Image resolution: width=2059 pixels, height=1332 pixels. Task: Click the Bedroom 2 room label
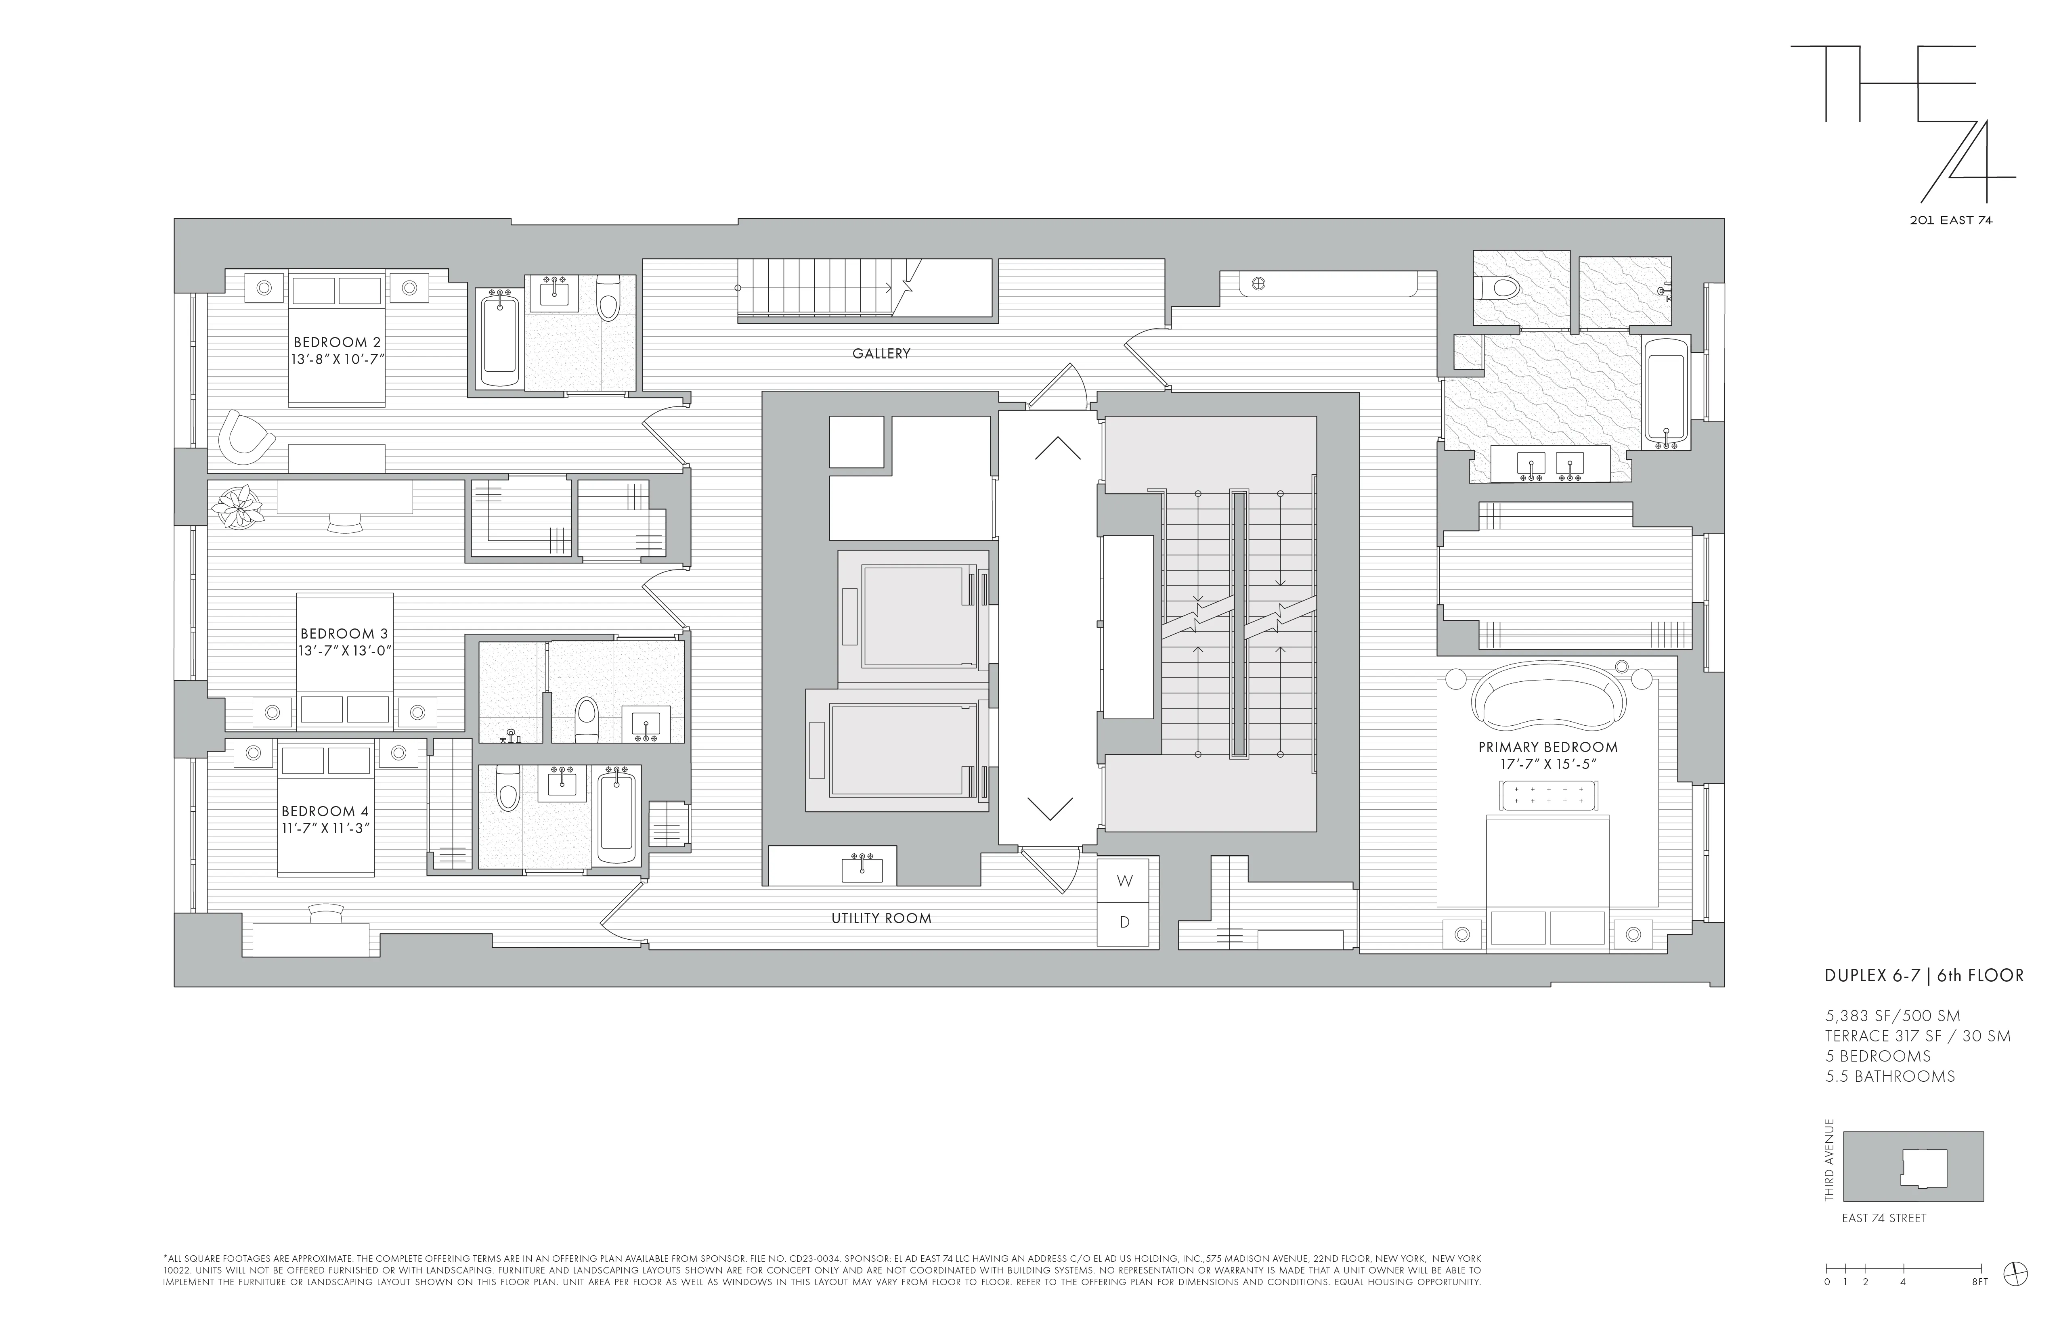point(337,343)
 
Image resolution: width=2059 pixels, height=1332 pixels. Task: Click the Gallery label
point(881,353)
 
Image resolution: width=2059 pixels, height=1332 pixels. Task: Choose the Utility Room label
point(881,919)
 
